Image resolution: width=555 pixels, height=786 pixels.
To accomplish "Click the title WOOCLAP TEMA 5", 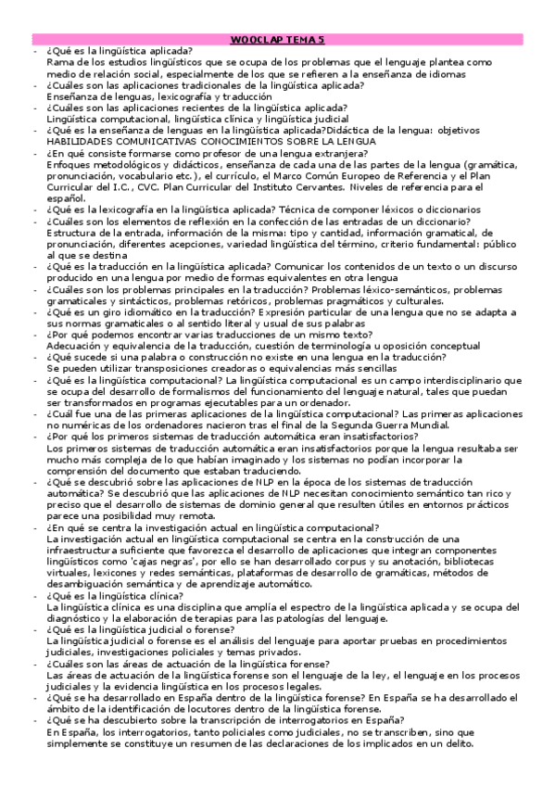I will pos(277,41).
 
